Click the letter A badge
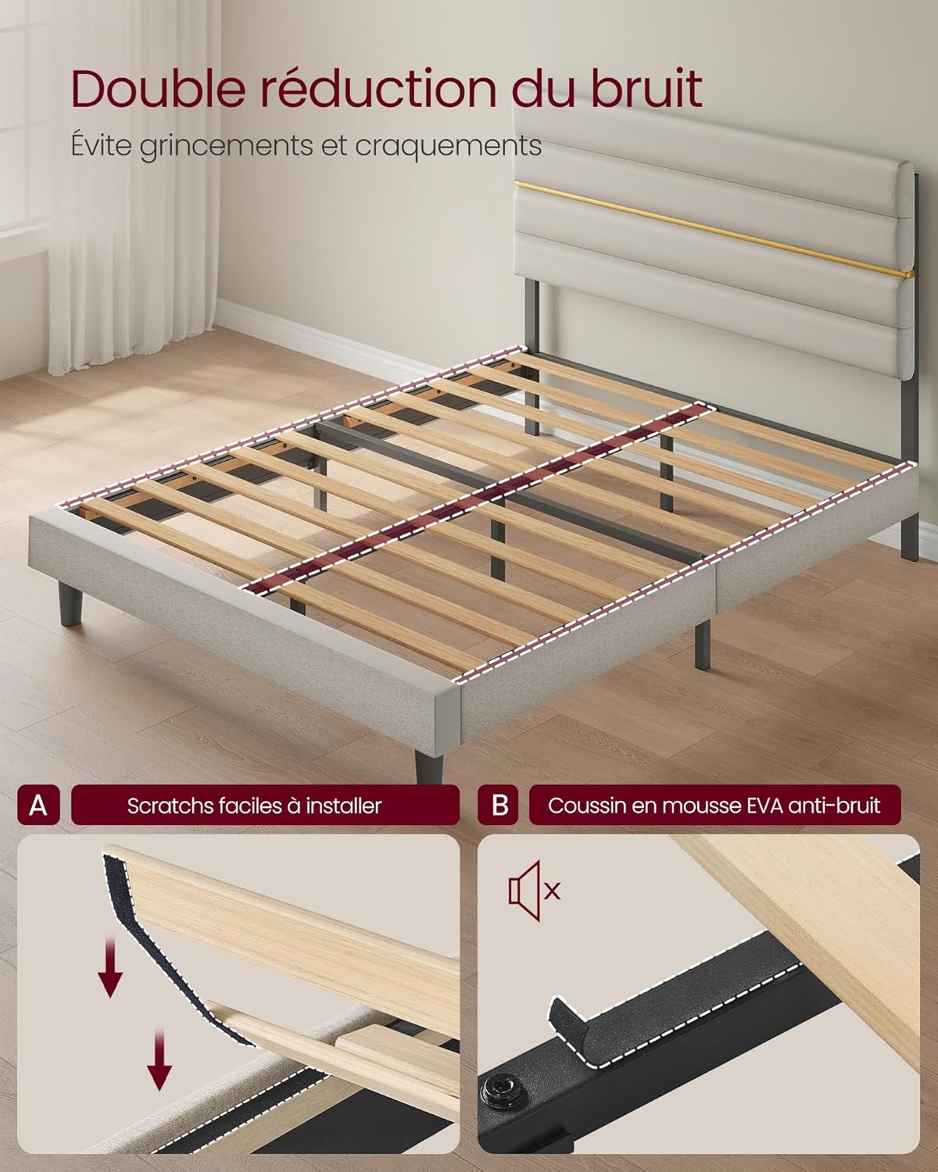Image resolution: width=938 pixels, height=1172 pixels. pyautogui.click(x=38, y=805)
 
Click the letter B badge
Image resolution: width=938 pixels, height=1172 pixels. pyautogui.click(x=499, y=805)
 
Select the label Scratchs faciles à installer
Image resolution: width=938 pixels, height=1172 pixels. pyautogui.click(x=255, y=806)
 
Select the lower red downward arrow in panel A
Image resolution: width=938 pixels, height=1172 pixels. pyautogui.click(x=159, y=1059)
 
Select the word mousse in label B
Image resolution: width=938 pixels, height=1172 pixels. pyautogui.click(x=689, y=806)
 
